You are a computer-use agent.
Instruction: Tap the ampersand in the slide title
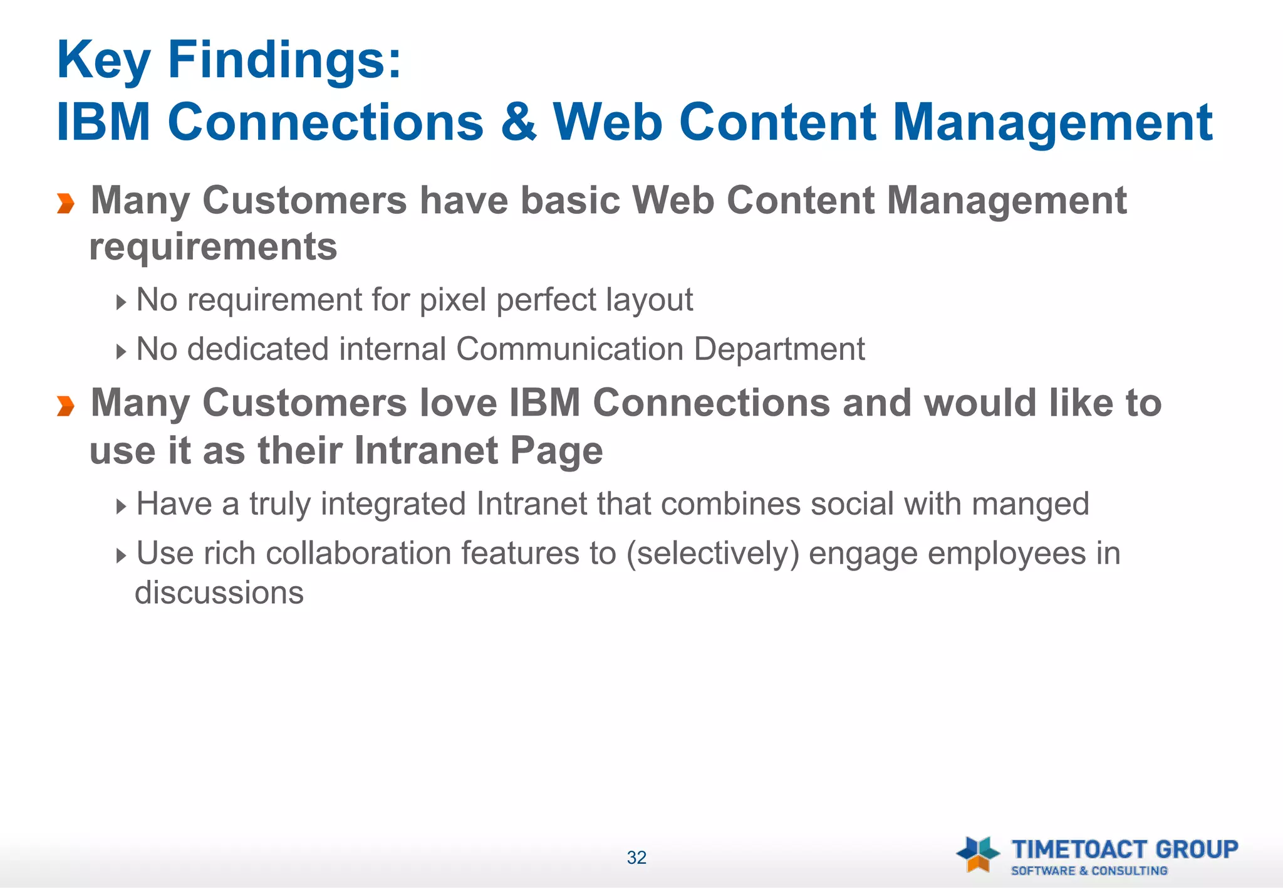tap(519, 122)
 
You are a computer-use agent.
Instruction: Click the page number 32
tap(636, 858)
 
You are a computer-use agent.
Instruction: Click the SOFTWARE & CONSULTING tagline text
tap(1089, 871)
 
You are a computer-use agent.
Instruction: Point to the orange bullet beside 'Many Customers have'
tap(66, 204)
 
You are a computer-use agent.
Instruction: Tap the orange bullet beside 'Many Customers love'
tap(66, 406)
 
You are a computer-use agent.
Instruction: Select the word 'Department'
tap(779, 349)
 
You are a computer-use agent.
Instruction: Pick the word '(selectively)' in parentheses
tap(713, 554)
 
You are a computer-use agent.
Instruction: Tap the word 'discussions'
tap(219, 593)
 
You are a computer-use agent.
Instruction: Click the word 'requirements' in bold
tap(214, 247)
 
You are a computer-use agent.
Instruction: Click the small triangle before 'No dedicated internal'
tap(122, 352)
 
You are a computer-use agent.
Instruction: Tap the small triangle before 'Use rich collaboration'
tap(122, 555)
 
